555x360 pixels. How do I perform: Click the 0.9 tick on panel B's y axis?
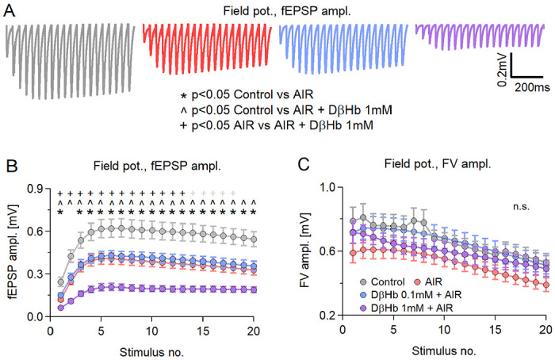pyautogui.click(x=33, y=188)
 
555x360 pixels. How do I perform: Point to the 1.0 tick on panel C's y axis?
pyautogui.click(x=323, y=187)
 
